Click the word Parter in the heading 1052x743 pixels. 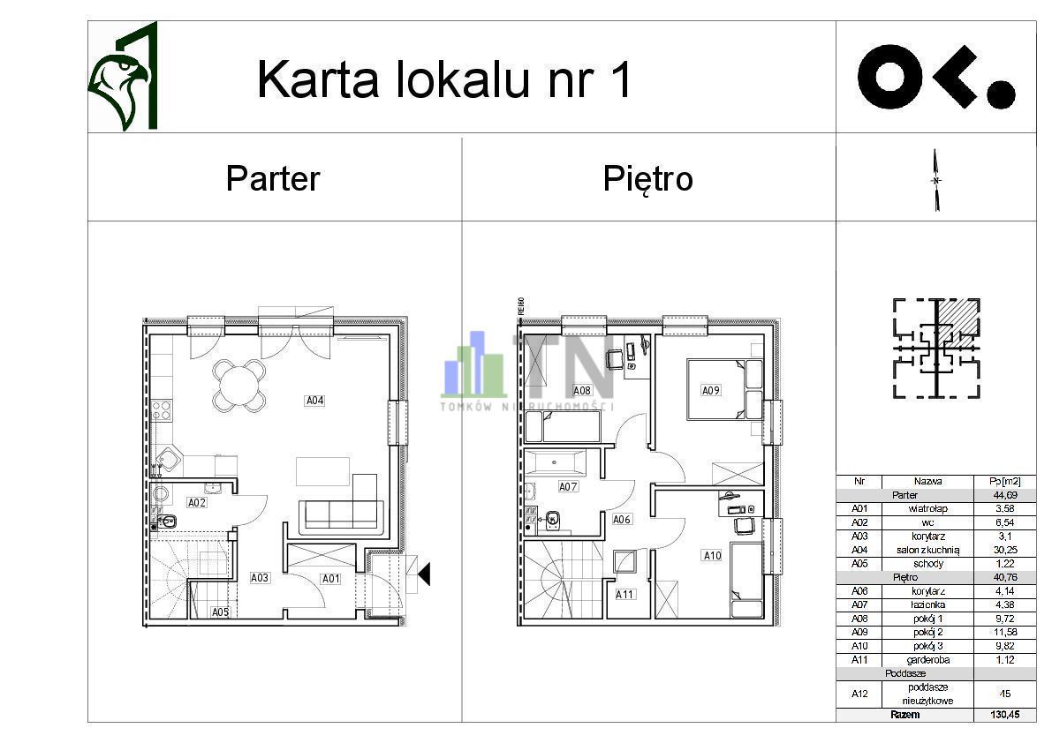(272, 178)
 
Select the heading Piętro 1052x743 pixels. (647, 178)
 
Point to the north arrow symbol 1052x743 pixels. (936, 180)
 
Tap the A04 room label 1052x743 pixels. (315, 401)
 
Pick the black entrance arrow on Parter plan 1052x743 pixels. (424, 574)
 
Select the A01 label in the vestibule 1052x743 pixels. (330, 579)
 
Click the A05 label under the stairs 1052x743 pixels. (220, 612)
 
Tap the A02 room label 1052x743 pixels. (197, 502)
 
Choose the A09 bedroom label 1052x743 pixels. (711, 390)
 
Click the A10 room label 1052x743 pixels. (712, 555)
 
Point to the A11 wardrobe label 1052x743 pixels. (625, 594)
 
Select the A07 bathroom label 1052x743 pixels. (568, 486)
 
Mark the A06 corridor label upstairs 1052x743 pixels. (622, 520)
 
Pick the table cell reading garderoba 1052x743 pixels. (928, 659)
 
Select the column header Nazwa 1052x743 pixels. (928, 482)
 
